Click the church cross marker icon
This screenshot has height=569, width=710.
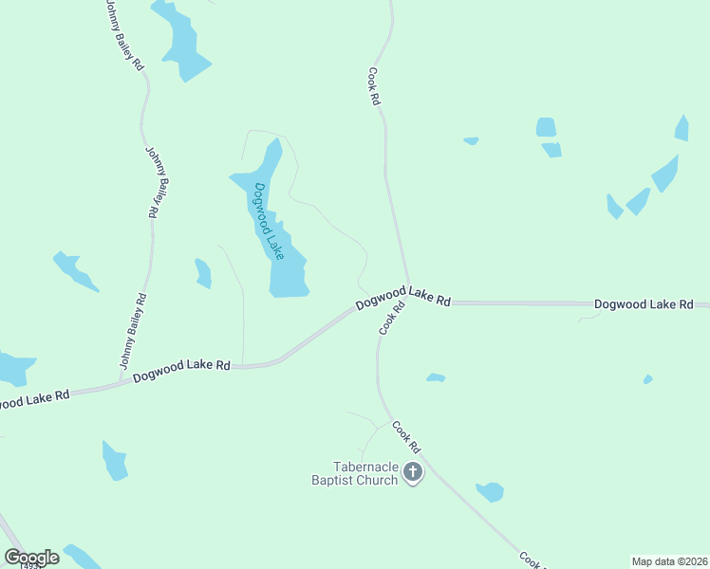[413, 471]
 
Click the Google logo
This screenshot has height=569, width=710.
[31, 557]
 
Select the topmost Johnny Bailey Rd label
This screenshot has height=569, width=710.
[122, 35]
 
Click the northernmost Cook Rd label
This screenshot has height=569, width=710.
[375, 85]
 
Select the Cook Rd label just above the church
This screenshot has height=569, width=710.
[405, 436]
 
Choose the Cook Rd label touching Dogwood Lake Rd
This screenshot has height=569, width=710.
[393, 318]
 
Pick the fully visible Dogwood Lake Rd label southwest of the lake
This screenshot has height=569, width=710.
[182, 371]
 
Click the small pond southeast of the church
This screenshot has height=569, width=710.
[490, 491]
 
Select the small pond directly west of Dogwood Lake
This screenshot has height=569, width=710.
[202, 272]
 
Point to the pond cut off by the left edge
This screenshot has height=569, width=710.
[13, 368]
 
